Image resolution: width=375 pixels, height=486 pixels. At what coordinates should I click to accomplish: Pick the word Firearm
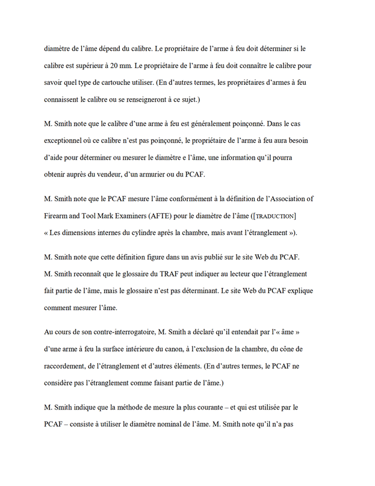[58, 216]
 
